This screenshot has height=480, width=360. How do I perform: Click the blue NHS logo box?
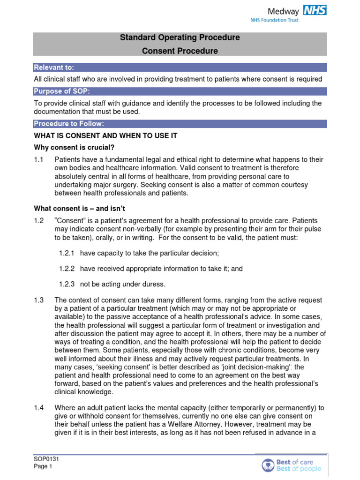[315, 10]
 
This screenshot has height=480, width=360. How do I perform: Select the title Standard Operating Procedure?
[180, 37]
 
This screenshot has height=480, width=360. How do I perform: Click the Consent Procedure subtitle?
[180, 51]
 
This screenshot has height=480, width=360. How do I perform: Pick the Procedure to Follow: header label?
[69, 124]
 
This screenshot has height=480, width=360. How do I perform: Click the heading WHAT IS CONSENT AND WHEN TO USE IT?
[105, 135]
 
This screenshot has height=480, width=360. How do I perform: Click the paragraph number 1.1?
[39, 160]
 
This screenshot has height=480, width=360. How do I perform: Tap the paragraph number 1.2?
[39, 221]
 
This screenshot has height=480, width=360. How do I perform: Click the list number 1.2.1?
[67, 253]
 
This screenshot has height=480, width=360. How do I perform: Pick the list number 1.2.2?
[67, 269]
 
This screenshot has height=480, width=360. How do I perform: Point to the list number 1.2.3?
[67, 284]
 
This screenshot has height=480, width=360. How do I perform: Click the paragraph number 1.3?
[39, 300]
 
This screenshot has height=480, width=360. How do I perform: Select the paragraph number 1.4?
[39, 407]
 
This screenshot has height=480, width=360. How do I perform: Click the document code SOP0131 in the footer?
[46, 460]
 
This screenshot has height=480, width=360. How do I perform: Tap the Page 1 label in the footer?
[43, 467]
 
